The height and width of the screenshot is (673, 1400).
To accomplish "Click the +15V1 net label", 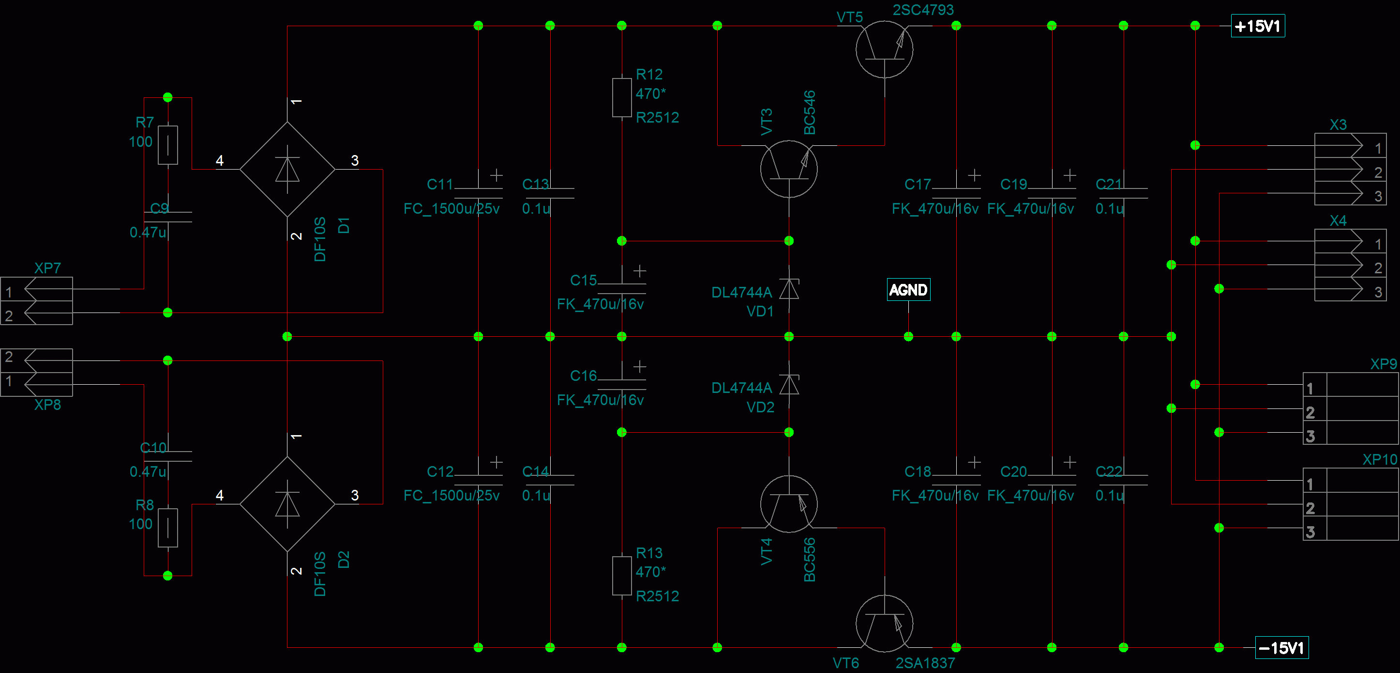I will tap(1257, 26).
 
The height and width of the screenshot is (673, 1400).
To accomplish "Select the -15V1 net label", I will tap(1281, 647).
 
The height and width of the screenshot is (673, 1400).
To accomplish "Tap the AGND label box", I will tap(908, 289).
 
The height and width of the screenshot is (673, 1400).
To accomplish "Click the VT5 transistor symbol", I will tap(884, 49).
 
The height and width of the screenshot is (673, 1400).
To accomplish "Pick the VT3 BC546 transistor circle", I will tap(789, 169).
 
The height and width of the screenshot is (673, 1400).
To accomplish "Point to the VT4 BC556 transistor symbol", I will tap(789, 504).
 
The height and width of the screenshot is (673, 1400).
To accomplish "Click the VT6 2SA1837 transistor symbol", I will tap(884, 624).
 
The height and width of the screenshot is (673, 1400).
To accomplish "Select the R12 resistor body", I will tap(622, 97).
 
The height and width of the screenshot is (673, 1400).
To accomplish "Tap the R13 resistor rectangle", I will tap(622, 576).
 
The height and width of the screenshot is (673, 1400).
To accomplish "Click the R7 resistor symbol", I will tap(167, 145).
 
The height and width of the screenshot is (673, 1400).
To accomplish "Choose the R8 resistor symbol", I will tap(167, 528).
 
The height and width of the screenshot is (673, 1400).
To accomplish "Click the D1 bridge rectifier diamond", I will tap(287, 169).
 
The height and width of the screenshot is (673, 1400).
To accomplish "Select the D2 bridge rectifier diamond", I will tap(287, 504).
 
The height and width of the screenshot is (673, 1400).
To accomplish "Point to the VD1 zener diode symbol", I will tap(789, 288).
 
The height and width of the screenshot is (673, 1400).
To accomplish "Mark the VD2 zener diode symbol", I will tap(789, 384).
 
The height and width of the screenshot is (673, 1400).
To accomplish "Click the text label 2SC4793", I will tap(923, 10).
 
